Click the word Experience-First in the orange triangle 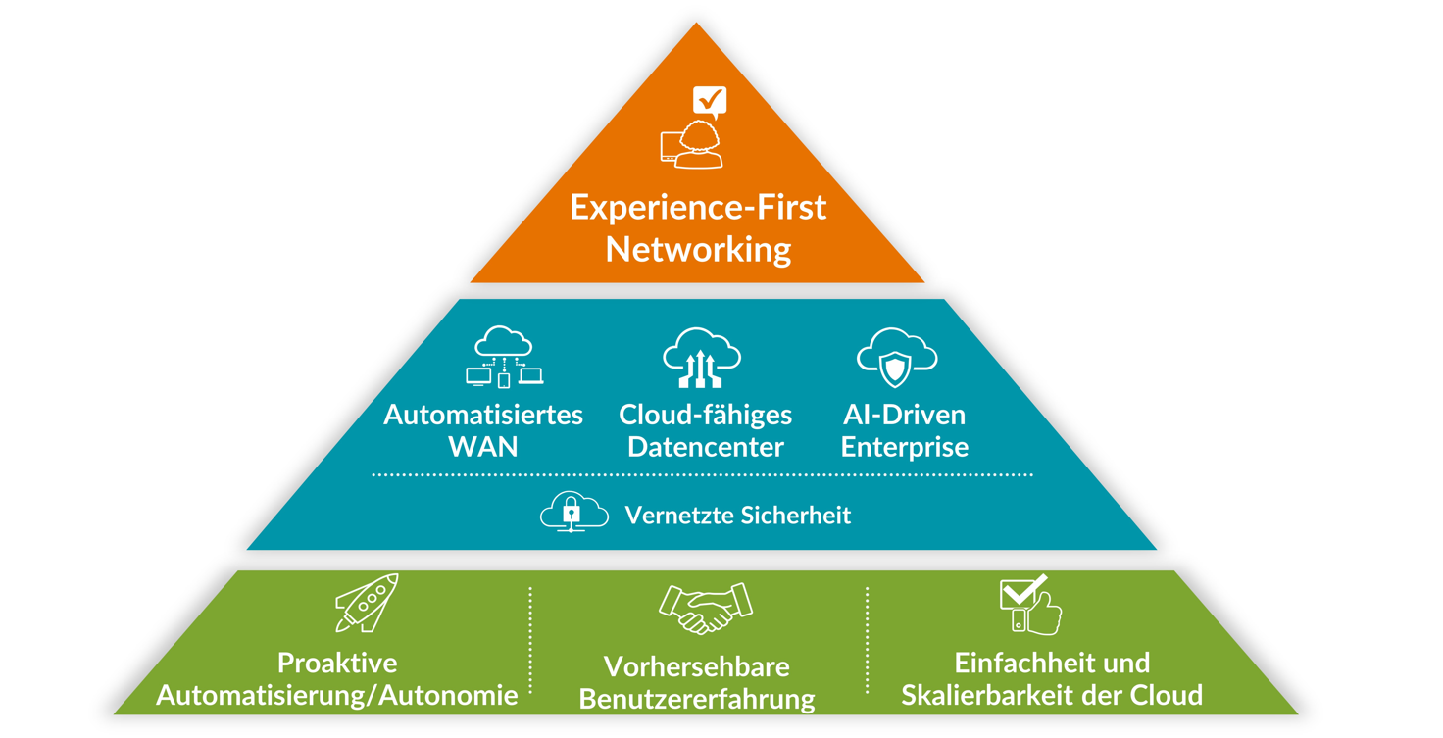pyautogui.click(x=698, y=208)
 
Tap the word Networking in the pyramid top pyautogui.click(x=698, y=249)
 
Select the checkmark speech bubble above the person pyautogui.click(x=710, y=100)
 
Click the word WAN pyautogui.click(x=483, y=447)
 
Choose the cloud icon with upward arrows pyautogui.click(x=702, y=357)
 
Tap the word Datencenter pyautogui.click(x=706, y=447)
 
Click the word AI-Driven pyautogui.click(x=904, y=415)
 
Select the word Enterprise pyautogui.click(x=904, y=447)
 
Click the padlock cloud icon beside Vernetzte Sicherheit pyautogui.click(x=573, y=513)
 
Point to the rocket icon pyautogui.click(x=368, y=602)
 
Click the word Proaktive pyautogui.click(x=337, y=663)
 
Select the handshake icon pyautogui.click(x=706, y=608)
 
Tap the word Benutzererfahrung pyautogui.click(x=697, y=699)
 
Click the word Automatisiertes pyautogui.click(x=483, y=415)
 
